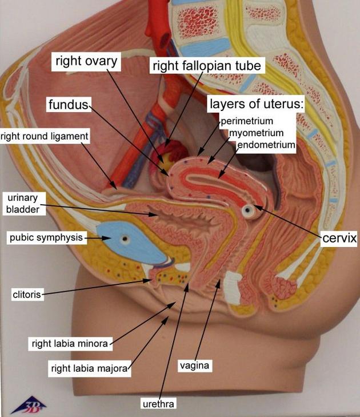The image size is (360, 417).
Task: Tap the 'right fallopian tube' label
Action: (207, 66)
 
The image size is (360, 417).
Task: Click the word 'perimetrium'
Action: (247, 121)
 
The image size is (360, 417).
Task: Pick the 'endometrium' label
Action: (266, 145)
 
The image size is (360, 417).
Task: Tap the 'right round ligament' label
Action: (45, 136)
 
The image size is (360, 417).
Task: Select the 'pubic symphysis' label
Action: (46, 237)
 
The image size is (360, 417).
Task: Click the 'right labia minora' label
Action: (70, 344)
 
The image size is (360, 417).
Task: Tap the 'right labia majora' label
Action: (89, 369)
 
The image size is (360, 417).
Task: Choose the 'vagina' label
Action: (195, 365)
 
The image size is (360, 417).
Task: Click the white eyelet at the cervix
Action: (248, 212)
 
